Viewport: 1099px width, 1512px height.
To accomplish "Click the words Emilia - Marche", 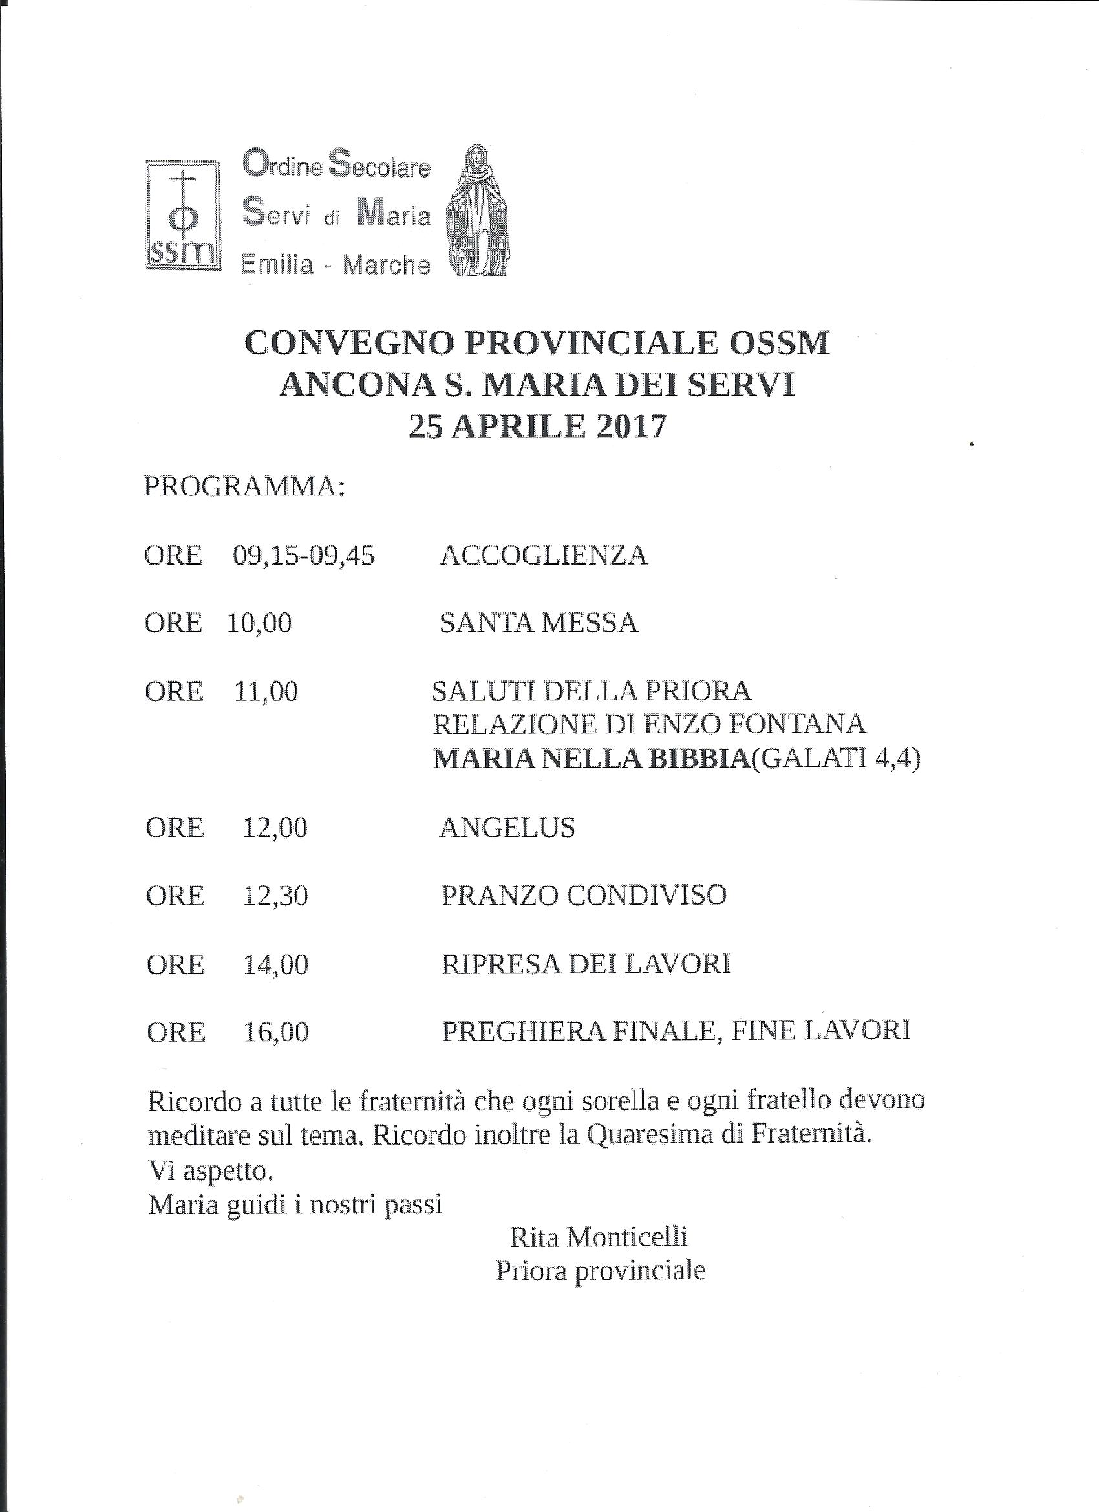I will (336, 265).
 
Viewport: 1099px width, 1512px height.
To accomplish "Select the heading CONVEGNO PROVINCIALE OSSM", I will (537, 344).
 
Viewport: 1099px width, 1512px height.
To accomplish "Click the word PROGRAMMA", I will (244, 487).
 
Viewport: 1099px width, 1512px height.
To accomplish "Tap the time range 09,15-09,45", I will (304, 555).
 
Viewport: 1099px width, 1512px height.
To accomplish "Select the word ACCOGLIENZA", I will (543, 555).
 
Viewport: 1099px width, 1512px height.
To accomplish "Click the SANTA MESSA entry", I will (539, 623).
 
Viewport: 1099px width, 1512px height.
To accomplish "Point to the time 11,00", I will (266, 691).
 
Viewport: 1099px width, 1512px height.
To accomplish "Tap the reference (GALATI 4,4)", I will (836, 760).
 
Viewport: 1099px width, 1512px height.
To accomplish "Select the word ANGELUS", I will (507, 827).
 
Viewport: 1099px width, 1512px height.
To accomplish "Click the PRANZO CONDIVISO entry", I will (583, 895).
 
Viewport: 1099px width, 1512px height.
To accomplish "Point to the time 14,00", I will (275, 965).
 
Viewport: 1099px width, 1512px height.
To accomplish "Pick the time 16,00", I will (275, 1032).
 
